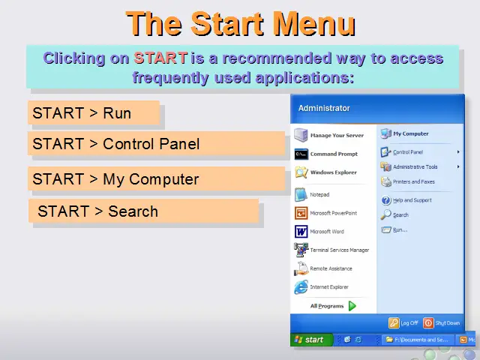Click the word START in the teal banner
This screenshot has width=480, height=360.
[x=160, y=58]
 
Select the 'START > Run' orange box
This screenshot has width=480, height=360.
[x=94, y=112]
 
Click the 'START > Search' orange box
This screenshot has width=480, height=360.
[x=143, y=211]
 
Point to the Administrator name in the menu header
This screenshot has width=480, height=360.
[x=324, y=108]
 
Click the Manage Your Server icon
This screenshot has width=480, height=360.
[x=301, y=135]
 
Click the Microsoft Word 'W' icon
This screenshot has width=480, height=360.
[x=301, y=232]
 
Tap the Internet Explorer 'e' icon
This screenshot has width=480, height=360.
[x=301, y=286]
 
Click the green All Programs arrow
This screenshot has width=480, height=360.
[x=352, y=306]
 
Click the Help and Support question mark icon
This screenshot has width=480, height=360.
[x=386, y=200]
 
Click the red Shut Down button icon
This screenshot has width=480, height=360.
[x=428, y=322]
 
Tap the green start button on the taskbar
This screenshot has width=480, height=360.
[x=312, y=340]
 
